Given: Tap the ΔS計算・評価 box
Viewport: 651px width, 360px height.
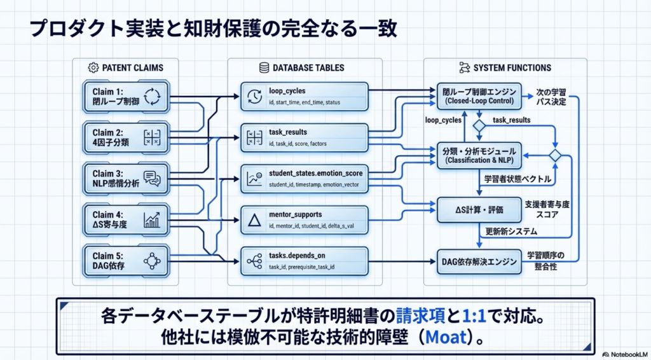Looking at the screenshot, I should click(477, 206).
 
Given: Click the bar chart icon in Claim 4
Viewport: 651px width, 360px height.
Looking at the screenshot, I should click(152, 219).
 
